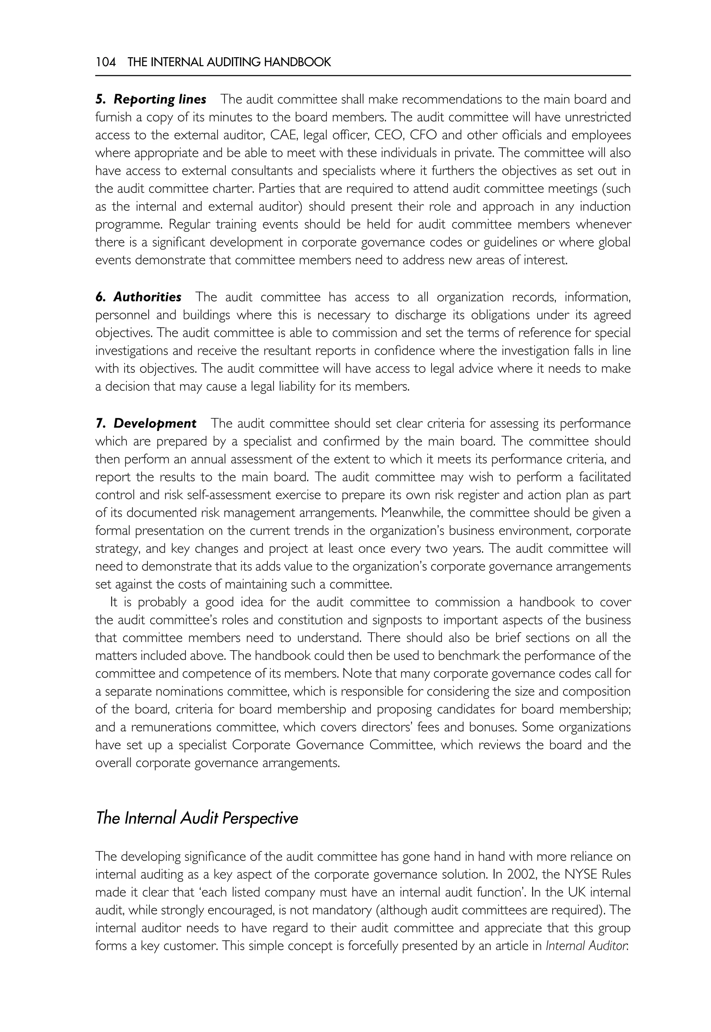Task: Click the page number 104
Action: click(106, 62)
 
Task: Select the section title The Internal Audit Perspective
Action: click(196, 818)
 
